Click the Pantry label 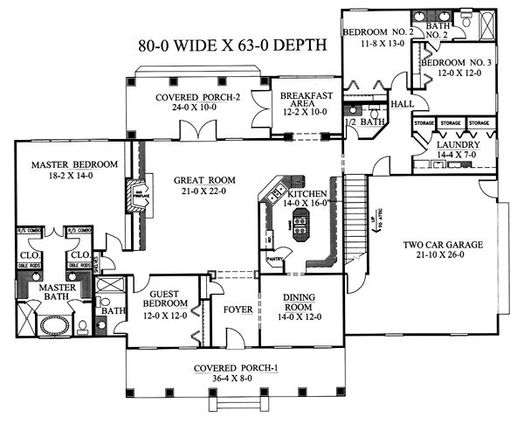tap(278, 259)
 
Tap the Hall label tap(403, 104)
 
